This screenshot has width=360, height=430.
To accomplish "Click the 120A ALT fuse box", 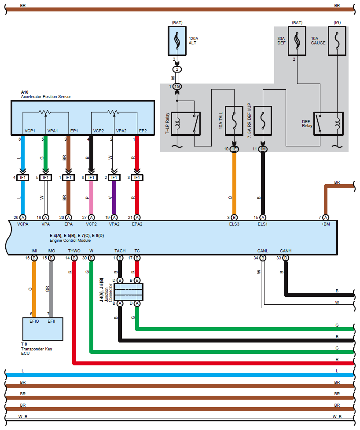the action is pyautogui.click(x=177, y=41).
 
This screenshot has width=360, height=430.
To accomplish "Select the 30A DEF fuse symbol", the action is pyautogui.click(x=297, y=41).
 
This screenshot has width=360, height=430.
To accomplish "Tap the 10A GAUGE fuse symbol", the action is pyautogui.click(x=337, y=41).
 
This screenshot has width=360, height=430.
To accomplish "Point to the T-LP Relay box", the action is pyautogui.click(x=186, y=124).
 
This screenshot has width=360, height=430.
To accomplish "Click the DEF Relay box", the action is pyautogui.click(x=328, y=124).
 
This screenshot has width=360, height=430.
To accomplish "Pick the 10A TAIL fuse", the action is pyautogui.click(x=234, y=121).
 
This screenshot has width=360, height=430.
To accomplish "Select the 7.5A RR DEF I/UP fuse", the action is pyautogui.click(x=263, y=121).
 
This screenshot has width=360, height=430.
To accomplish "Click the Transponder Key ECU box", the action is pyautogui.click(x=43, y=329).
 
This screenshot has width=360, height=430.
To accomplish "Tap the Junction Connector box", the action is pyautogui.click(x=129, y=292).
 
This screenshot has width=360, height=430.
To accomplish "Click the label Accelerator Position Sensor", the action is pyautogui.click(x=46, y=97).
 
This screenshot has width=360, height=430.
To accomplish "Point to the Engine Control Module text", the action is pyautogui.click(x=70, y=240).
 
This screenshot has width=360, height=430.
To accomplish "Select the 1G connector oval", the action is pyautogui.click(x=177, y=87).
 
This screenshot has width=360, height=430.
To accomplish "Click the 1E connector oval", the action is pyautogui.click(x=234, y=149).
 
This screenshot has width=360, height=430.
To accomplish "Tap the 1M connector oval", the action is pyautogui.click(x=263, y=149).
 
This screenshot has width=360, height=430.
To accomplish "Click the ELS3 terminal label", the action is pyautogui.click(x=234, y=224).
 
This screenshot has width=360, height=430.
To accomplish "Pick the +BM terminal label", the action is pyautogui.click(x=326, y=224).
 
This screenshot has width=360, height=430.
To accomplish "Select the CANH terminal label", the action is pyautogui.click(x=286, y=251).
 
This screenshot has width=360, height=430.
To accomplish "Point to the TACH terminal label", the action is pyautogui.click(x=120, y=251).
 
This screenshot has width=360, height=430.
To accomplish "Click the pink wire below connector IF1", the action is pyautogui.click(x=92, y=198).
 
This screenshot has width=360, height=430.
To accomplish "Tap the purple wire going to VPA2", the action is pyautogui.click(x=114, y=198).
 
